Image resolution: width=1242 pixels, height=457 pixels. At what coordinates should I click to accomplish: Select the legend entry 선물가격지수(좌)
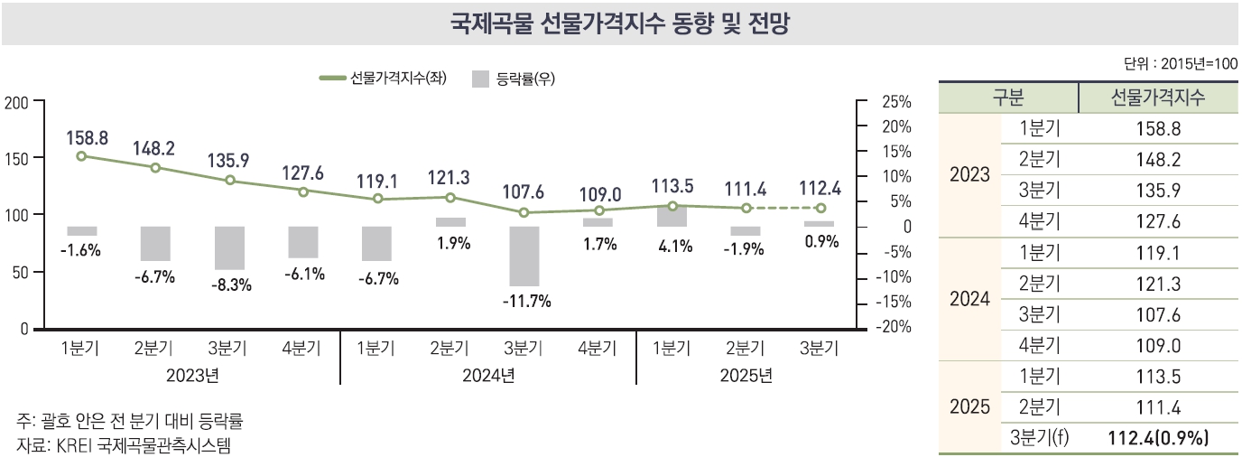(x=384, y=78)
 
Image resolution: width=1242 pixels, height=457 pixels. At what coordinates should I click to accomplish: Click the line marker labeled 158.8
(x=81, y=156)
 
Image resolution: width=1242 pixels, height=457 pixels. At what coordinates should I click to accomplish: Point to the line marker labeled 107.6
(x=524, y=213)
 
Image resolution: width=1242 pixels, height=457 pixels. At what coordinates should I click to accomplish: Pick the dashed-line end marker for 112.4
(x=820, y=208)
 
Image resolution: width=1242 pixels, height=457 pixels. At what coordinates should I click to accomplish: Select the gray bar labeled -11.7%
(x=524, y=256)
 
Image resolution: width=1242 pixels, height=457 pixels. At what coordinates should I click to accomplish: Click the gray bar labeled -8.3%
(x=229, y=247)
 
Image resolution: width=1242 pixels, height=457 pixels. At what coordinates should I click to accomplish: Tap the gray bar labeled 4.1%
(x=672, y=216)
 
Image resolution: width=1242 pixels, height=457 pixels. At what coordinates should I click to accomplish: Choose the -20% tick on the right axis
(x=893, y=327)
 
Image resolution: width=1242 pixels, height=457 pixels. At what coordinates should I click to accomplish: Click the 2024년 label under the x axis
(x=488, y=375)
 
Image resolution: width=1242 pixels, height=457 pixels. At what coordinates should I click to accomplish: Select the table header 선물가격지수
(x=1158, y=98)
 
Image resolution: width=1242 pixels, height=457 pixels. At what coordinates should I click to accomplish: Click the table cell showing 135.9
(x=1158, y=191)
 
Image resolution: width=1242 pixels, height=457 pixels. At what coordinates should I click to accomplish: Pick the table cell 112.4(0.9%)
(x=1158, y=439)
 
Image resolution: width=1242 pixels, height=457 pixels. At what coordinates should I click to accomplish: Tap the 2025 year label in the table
(x=970, y=407)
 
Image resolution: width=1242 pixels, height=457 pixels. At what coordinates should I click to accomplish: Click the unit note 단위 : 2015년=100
(x=1181, y=64)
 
